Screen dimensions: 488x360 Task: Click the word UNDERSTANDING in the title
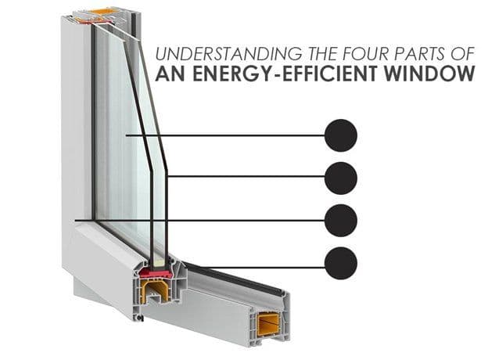[x=228, y=54]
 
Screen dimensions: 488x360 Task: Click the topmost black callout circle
[x=341, y=135]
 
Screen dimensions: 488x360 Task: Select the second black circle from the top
[x=341, y=178]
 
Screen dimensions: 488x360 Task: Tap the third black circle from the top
[x=341, y=221]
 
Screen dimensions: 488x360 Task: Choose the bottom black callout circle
[x=341, y=263]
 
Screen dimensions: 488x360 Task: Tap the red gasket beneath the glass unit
[x=156, y=274]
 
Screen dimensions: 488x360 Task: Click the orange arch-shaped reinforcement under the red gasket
[x=156, y=290]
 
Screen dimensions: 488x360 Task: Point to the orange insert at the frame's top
[x=100, y=12]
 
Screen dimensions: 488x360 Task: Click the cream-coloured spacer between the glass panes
[x=159, y=262]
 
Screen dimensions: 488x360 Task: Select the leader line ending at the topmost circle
[x=225, y=135]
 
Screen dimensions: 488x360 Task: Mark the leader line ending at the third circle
[x=199, y=221]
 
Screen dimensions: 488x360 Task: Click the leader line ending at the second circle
[x=246, y=176]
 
